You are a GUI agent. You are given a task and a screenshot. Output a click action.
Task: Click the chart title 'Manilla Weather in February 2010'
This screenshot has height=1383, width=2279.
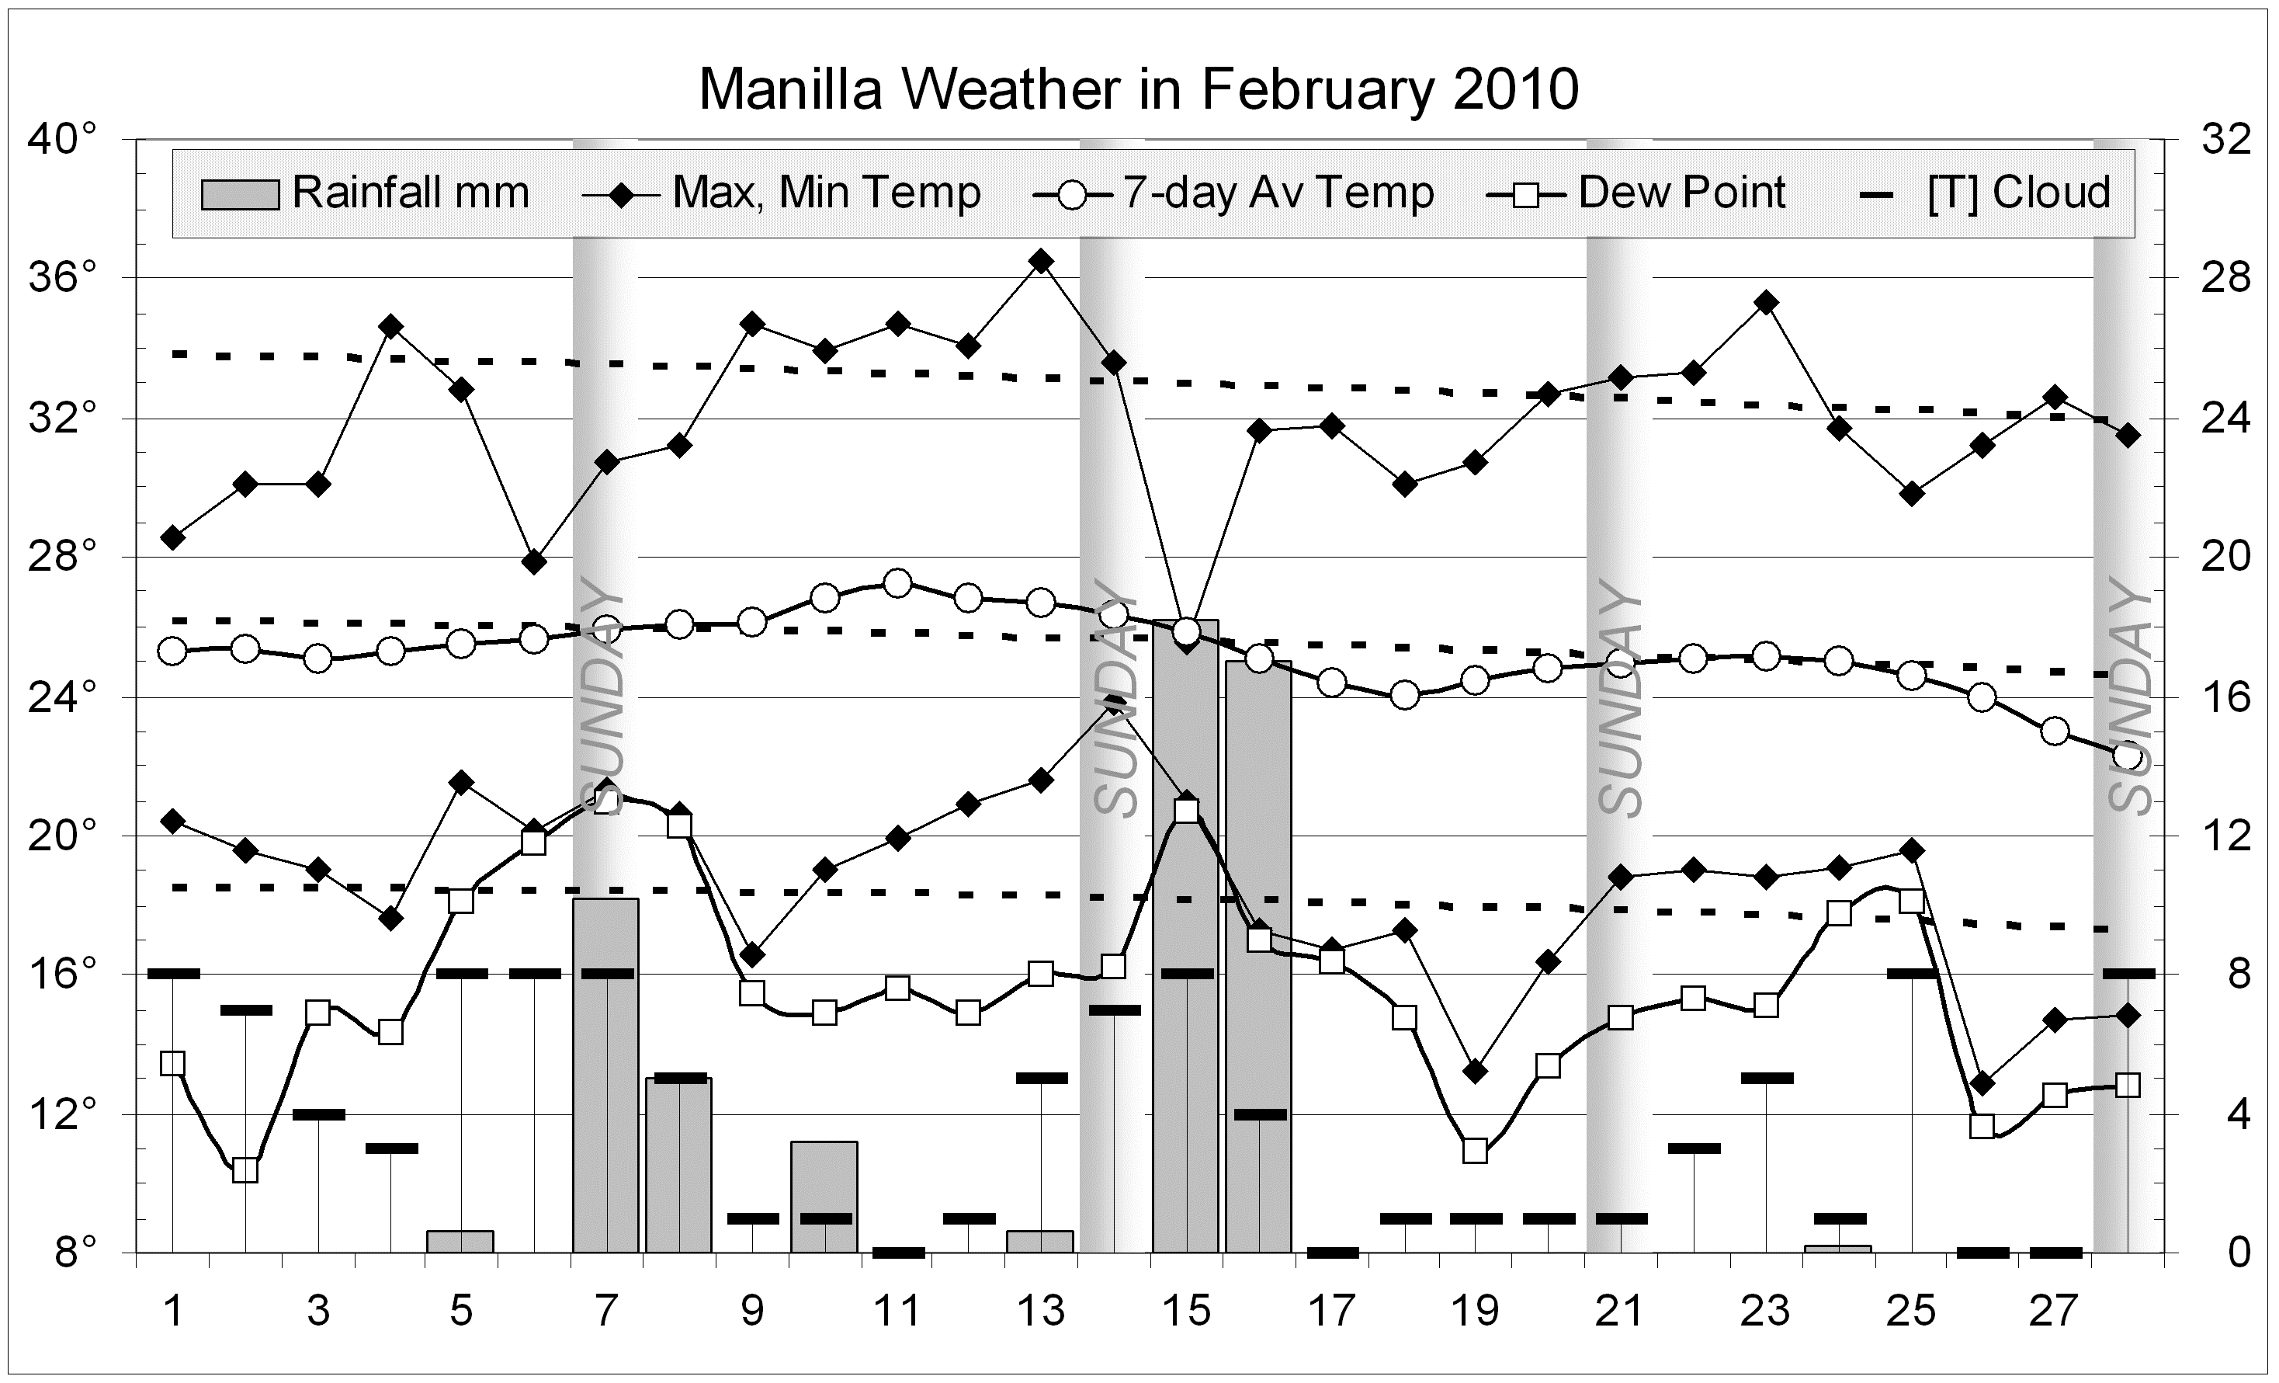point(1138,90)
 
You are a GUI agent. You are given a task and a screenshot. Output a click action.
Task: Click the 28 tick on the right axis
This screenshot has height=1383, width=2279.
point(2224,279)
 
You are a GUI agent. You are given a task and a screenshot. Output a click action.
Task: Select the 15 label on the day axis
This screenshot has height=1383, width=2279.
point(1187,1311)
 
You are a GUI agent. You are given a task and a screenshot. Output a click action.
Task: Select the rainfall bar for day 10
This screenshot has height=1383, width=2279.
point(824,1197)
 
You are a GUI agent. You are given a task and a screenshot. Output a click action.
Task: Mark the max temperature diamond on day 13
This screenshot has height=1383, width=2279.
point(1042,262)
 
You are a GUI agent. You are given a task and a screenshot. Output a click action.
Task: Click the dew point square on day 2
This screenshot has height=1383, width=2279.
point(245,1170)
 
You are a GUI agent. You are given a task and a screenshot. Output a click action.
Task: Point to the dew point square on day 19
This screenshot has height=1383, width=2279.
point(1476,1151)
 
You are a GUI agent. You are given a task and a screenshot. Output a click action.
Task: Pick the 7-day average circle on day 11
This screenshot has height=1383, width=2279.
point(897,584)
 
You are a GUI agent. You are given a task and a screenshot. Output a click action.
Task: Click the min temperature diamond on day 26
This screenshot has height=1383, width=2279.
point(1981,1083)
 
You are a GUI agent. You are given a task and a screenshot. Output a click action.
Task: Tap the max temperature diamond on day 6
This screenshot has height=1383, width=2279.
point(534,561)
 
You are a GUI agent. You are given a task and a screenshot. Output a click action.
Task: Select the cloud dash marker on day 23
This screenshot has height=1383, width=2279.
point(1767,1078)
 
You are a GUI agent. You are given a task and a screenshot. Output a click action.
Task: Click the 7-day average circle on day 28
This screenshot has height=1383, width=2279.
point(2128,756)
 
